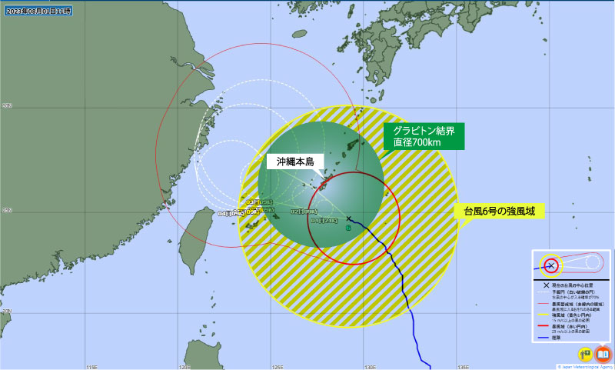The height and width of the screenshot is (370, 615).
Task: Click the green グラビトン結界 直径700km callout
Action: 424,136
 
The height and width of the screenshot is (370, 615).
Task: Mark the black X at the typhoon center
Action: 349,219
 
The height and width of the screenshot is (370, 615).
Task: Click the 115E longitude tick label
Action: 91,365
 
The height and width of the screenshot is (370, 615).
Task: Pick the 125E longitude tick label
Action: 278,365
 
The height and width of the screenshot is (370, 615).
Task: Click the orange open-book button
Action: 603,354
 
